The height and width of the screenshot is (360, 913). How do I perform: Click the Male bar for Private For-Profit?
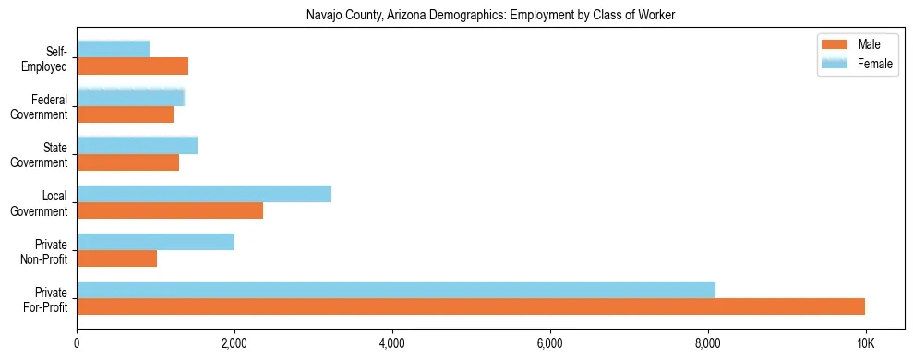(471, 306)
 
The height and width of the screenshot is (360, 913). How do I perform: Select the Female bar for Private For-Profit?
(396, 290)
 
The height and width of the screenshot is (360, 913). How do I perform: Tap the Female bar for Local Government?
(204, 194)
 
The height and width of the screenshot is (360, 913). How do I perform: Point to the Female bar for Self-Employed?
(113, 49)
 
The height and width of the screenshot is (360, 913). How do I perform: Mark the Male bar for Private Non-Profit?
(116, 258)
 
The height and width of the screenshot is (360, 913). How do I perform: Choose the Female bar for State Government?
(137, 145)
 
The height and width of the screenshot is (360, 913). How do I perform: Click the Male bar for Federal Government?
(125, 114)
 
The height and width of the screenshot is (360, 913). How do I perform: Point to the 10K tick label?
(865, 342)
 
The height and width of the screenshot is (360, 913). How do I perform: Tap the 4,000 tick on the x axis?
(392, 342)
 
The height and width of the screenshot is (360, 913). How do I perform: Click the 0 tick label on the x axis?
(77, 342)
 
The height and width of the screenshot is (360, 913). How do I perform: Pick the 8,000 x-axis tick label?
(708, 342)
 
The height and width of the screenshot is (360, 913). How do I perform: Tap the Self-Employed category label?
(45, 58)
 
